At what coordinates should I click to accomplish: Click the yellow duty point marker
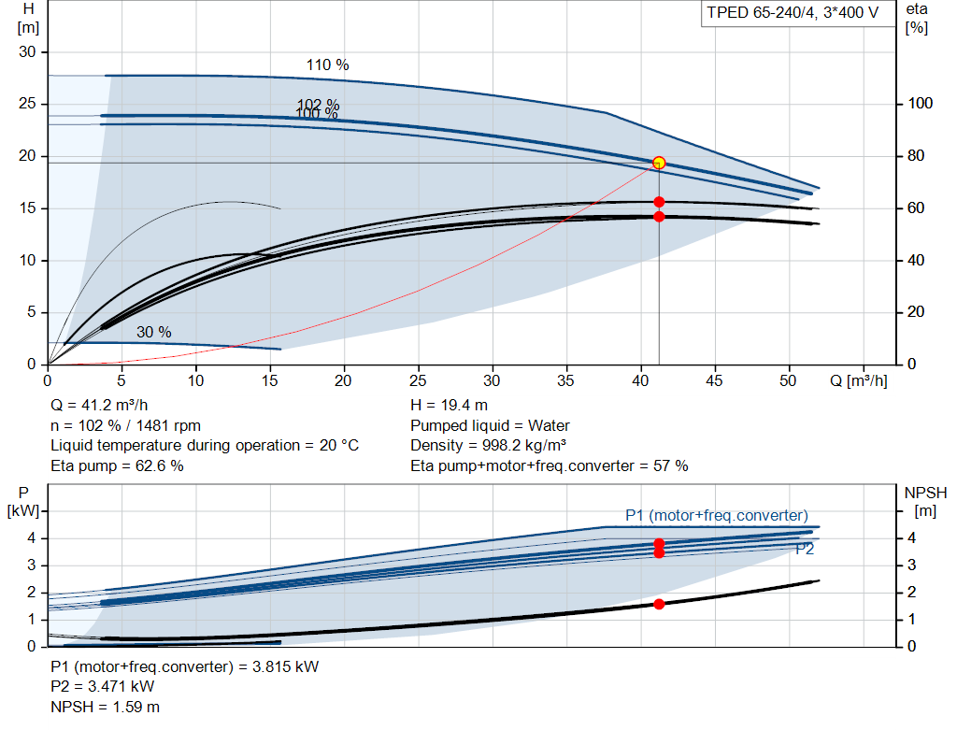coord(659,163)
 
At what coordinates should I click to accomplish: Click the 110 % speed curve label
coord(327,64)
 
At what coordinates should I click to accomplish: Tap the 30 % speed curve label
coord(154,332)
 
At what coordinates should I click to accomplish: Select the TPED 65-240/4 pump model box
coord(793,13)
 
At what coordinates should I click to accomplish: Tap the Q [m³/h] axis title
coord(859,380)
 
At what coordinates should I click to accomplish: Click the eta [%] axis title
coord(917,19)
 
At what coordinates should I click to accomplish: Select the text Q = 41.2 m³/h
coord(99,406)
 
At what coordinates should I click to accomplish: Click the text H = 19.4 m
coord(449,406)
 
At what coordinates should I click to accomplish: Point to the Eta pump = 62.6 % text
coord(117,466)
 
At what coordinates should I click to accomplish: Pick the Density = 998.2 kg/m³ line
coord(488,446)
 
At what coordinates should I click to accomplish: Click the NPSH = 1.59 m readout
coord(105,707)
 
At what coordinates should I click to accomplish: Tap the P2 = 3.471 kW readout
coord(103,687)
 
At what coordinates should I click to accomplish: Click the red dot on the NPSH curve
coord(659,604)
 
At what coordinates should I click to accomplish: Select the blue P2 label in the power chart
coord(805,550)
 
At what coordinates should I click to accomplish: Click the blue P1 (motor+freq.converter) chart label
coord(717,516)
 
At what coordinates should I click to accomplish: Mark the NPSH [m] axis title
coord(925,502)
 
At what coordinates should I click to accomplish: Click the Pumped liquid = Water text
coord(490,425)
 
